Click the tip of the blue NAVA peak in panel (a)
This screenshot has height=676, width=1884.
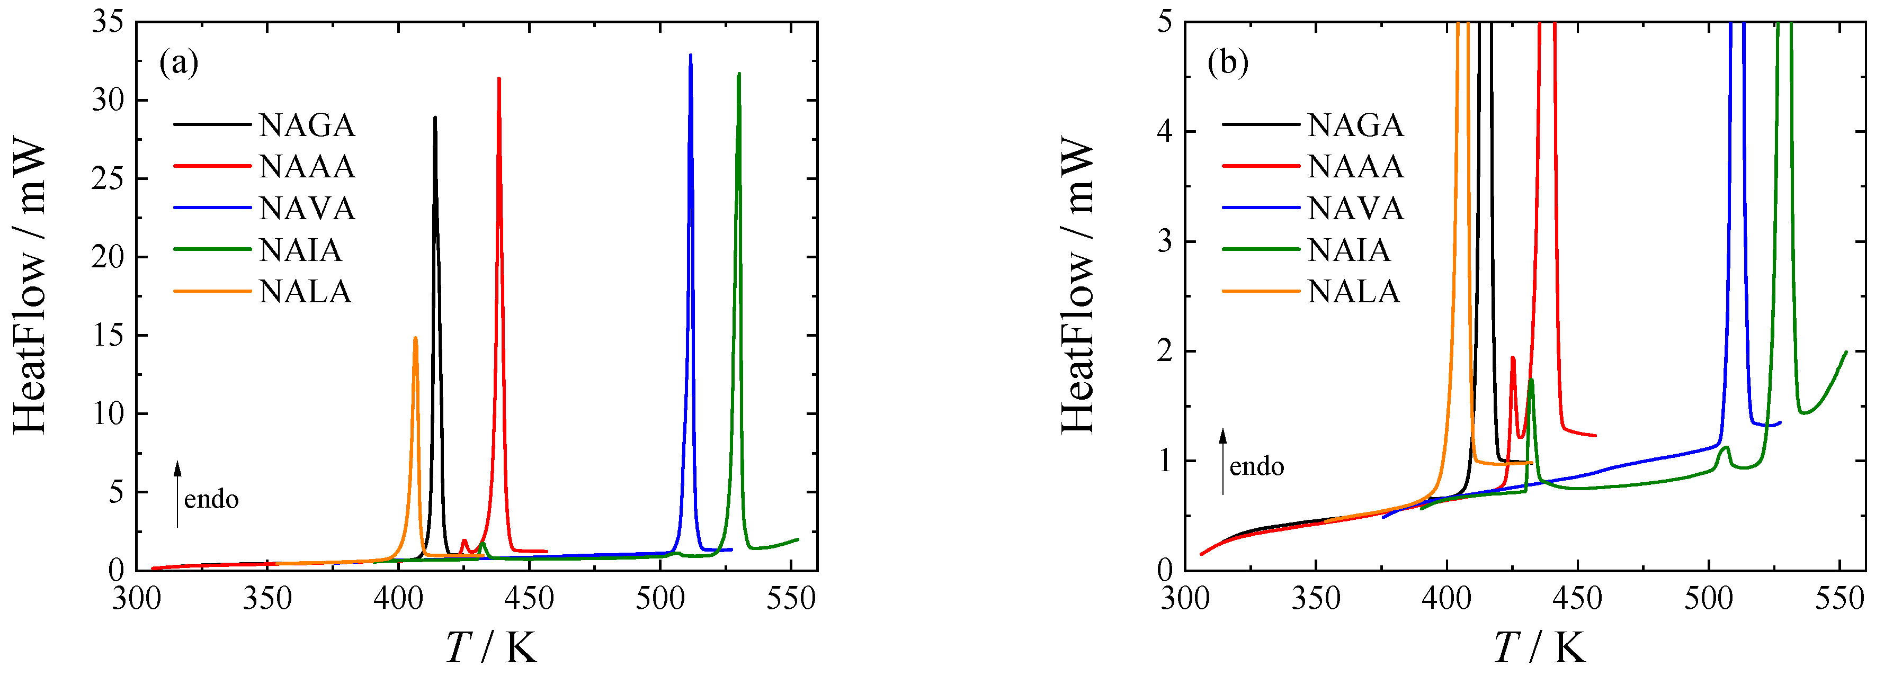point(690,56)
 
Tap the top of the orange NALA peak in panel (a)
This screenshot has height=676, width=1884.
point(415,338)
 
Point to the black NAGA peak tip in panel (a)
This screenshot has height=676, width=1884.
point(435,118)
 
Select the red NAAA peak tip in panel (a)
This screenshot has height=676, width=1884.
point(499,79)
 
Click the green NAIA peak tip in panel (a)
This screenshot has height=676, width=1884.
point(739,74)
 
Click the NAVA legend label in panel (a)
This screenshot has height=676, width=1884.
point(307,209)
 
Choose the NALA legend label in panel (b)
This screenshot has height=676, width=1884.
point(1354,292)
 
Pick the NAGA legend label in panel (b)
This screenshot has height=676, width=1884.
point(1356,125)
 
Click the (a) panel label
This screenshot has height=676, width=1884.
point(178,64)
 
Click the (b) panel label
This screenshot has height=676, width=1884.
point(1228,64)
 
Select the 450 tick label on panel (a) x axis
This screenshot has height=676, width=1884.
point(529,599)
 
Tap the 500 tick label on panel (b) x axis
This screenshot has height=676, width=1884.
point(1709,599)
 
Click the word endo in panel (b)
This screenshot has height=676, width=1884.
point(1256,466)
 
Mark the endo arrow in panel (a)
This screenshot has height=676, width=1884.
point(177,494)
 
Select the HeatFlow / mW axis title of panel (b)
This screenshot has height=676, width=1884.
point(1077,286)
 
